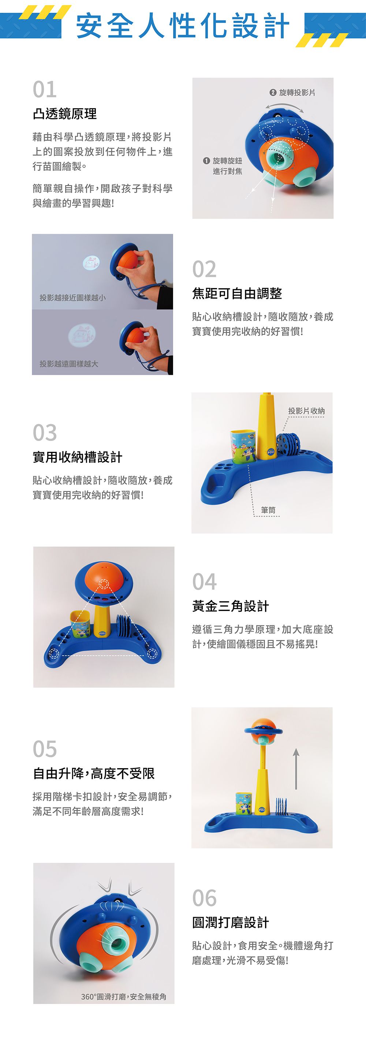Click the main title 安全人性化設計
click(x=183, y=25)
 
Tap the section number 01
click(x=45, y=90)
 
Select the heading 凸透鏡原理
click(x=65, y=114)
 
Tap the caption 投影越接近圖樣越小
click(x=72, y=298)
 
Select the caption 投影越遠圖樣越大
click(x=69, y=364)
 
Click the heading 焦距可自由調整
click(x=237, y=293)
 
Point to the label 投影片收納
click(x=306, y=411)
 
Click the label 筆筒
click(x=268, y=510)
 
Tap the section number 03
click(x=45, y=433)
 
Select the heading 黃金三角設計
click(x=230, y=606)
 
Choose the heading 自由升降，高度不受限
click(x=94, y=773)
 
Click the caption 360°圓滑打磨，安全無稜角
click(x=123, y=996)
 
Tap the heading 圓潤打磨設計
click(x=230, y=922)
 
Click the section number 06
click(x=205, y=898)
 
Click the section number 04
click(x=205, y=581)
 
